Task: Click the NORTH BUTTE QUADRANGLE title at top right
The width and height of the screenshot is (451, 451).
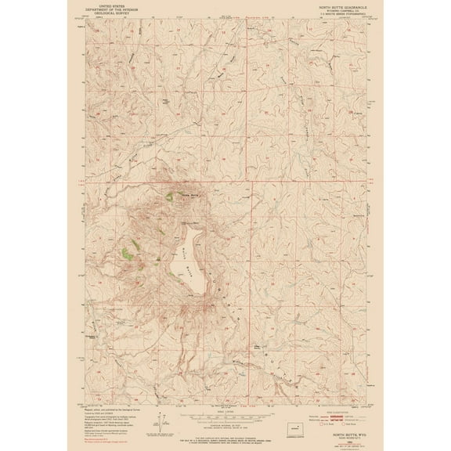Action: pos(337,5)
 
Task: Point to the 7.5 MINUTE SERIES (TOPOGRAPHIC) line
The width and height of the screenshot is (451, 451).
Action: pos(339,13)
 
